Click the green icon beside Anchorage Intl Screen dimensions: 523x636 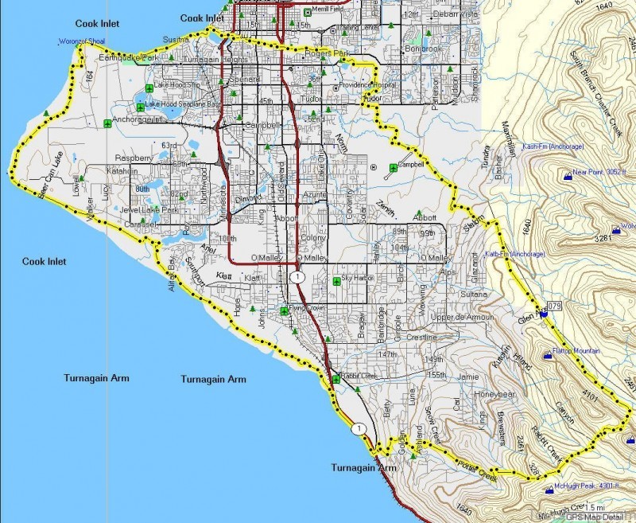[x=108, y=123]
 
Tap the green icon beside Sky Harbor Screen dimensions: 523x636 [x=336, y=279]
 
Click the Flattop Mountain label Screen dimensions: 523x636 [x=577, y=351]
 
